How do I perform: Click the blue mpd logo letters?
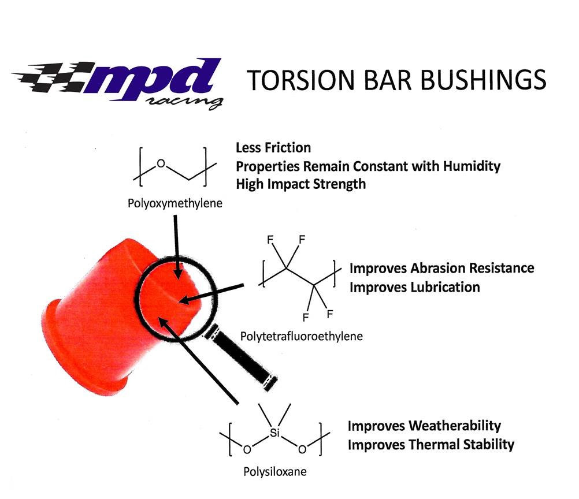click(156, 81)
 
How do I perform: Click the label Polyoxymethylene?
click(167, 204)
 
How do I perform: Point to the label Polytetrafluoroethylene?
click(301, 336)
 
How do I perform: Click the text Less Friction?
click(273, 148)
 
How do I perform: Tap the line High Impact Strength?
click(300, 184)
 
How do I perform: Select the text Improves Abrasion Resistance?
click(441, 268)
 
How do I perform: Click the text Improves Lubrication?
click(414, 287)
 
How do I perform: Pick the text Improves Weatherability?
click(424, 426)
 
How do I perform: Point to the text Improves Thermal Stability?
click(430, 444)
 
